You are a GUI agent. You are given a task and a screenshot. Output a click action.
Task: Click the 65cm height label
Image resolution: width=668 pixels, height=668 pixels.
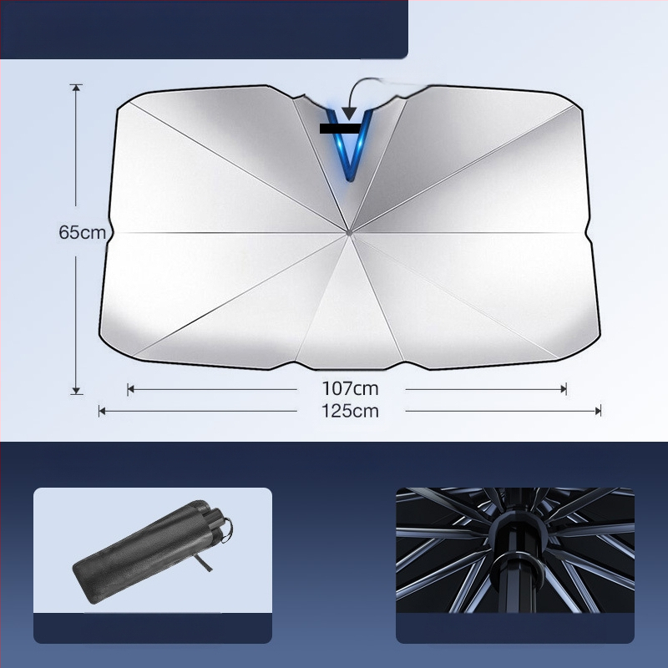(82, 233)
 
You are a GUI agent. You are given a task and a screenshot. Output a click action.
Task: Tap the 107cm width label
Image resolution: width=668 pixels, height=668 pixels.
(350, 388)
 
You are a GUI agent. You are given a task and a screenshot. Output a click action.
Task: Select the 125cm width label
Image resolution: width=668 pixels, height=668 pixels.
(350, 411)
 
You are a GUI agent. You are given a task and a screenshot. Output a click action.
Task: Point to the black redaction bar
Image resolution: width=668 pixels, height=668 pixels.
(340, 129)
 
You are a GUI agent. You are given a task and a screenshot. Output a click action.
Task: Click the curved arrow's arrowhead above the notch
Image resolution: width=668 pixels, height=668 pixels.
(349, 114)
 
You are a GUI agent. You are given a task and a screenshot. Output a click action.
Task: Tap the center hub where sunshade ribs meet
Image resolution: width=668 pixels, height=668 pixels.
(349, 233)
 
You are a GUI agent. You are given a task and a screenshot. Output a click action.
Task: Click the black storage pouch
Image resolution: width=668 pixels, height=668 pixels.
(150, 552)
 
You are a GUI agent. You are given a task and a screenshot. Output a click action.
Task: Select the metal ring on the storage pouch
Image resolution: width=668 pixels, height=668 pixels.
(227, 530)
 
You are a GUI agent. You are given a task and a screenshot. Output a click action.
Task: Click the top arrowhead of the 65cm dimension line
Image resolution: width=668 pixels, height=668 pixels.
(76, 88)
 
